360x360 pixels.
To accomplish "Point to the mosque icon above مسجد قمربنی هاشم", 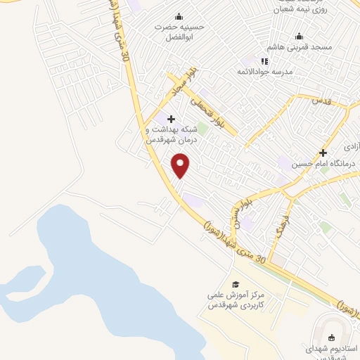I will tap(300, 37).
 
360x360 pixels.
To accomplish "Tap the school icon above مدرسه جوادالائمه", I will tap(265, 62).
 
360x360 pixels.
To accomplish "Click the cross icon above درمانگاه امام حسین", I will tap(323, 153).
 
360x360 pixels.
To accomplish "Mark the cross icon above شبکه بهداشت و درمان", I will tap(171, 119).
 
